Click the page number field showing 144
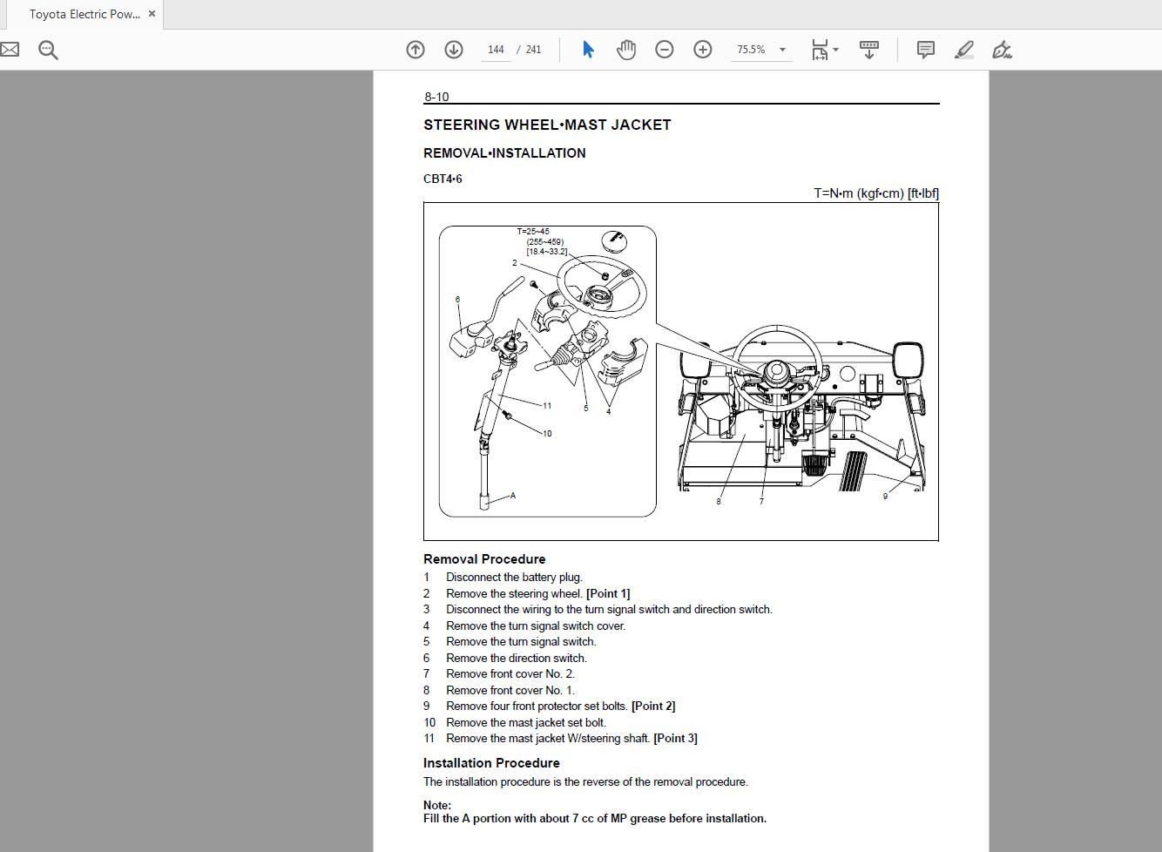pos(496,50)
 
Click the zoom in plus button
pos(703,50)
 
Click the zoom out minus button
pos(665,50)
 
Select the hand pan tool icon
pos(626,50)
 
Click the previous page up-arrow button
pos(415,50)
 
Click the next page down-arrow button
pos(454,50)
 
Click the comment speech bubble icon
pos(926,50)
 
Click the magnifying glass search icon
pos(49,50)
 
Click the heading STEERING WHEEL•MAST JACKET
pos(547,125)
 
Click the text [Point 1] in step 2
pos(608,593)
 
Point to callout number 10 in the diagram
pos(547,433)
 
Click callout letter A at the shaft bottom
pos(513,496)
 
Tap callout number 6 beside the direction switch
pos(457,300)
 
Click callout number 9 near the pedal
pos(885,497)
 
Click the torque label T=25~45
pos(533,232)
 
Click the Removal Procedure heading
pos(484,559)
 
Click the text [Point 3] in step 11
pos(675,738)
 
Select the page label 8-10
pos(436,97)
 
